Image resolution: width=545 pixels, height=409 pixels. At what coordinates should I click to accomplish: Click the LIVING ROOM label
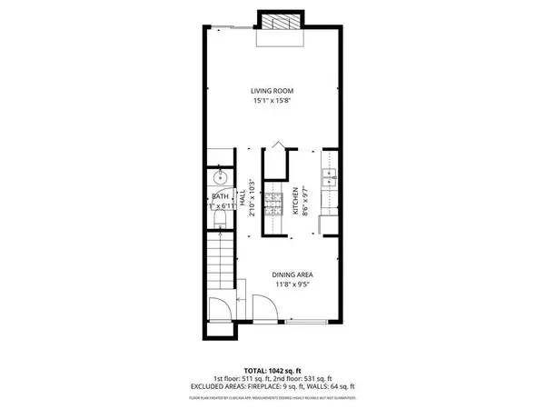pyautogui.click(x=272, y=91)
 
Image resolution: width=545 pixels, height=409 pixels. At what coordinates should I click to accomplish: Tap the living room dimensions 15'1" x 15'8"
pyautogui.click(x=272, y=102)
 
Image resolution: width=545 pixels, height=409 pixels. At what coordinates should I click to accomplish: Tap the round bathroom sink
pyautogui.click(x=220, y=175)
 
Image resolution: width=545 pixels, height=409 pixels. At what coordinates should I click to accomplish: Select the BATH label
pyautogui.click(x=220, y=196)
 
